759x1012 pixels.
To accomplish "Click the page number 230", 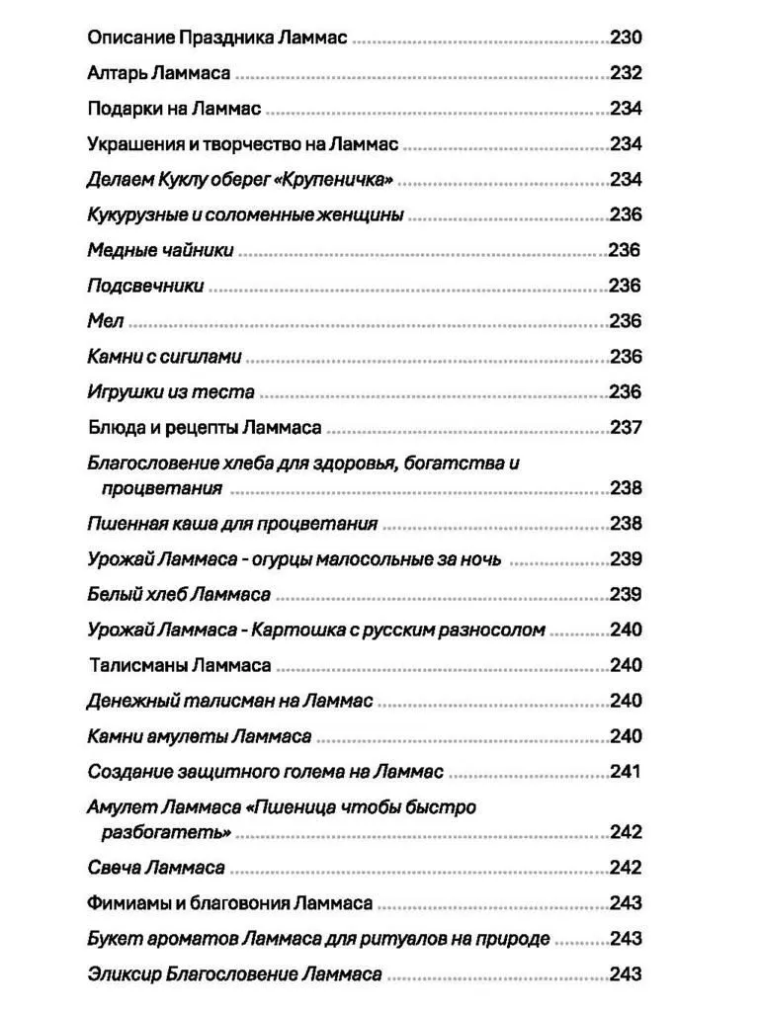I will point(626,38).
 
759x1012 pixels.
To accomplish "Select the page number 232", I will point(626,73).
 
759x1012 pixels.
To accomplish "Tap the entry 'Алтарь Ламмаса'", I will point(159,73).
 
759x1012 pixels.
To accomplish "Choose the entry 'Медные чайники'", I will point(160,251).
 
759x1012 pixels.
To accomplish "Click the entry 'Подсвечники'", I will point(145,287).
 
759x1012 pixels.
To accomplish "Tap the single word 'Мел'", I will point(106,322).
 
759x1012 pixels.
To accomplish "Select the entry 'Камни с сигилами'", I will point(164,358).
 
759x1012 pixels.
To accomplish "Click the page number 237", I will point(626,428).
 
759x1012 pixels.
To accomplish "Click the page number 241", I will point(626,772).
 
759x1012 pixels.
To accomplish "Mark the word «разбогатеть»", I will point(166,832).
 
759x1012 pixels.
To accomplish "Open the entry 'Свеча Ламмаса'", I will point(155,868).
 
